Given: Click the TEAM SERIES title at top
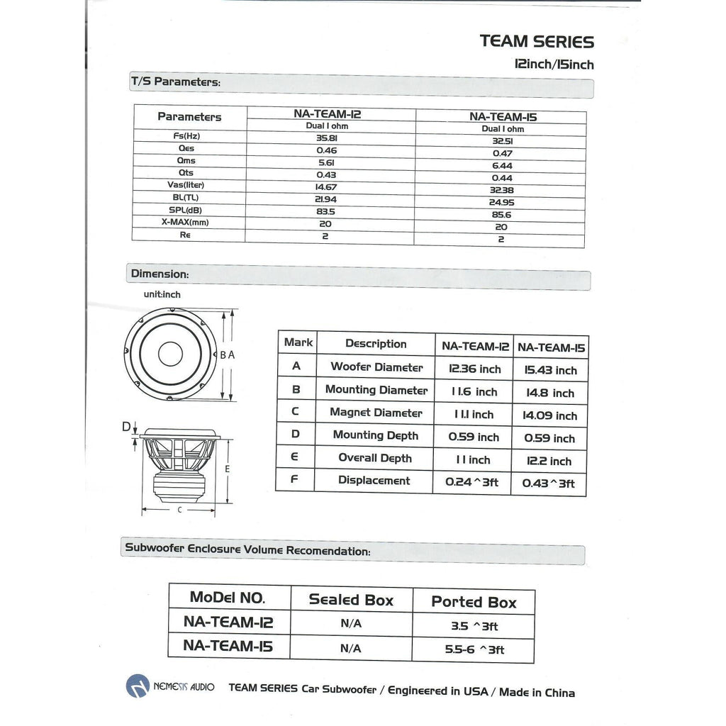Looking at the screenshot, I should coord(537,41).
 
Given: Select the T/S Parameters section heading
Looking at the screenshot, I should coord(176,82).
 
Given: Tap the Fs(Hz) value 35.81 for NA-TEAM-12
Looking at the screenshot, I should coord(326,138).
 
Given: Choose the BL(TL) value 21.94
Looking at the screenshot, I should coord(326,199).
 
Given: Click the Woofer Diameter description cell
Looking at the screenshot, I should coord(376,367).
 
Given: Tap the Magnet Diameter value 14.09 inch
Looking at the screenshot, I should coord(551,415).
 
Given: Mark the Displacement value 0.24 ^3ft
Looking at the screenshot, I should coord(472,482).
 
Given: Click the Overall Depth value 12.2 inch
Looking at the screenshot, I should coord(549,461).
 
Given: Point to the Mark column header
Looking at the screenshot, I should coord(298,342).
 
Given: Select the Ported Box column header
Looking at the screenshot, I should coord(474,602).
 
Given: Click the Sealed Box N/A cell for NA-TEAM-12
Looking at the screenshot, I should coord(351,624).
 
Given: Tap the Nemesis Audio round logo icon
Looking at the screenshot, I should coord(138,686).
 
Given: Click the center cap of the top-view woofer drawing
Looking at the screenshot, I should coord(170,353).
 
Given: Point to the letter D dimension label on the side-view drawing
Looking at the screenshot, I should coord(126,427).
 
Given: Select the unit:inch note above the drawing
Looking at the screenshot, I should coord(162,294).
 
